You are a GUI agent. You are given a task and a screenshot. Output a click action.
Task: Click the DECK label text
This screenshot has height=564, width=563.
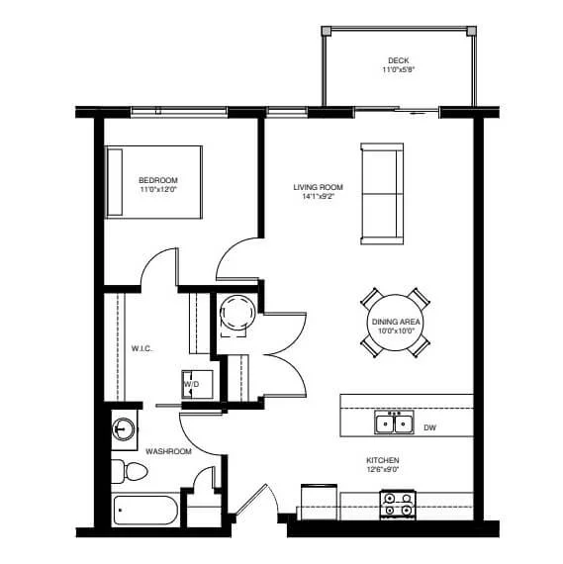pyautogui.click(x=398, y=60)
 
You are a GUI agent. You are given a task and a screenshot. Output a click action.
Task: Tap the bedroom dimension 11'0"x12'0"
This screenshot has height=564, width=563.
pyautogui.click(x=158, y=189)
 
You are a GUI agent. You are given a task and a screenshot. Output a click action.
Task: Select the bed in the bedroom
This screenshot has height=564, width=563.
pyautogui.click(x=153, y=182)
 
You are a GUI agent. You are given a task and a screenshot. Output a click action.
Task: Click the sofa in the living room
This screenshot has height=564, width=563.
pyautogui.click(x=382, y=194)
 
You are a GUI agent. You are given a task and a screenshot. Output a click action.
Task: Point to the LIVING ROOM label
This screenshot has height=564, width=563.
pyautogui.click(x=318, y=187)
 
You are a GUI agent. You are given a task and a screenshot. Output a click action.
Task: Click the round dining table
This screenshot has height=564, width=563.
pyautogui.click(x=396, y=323)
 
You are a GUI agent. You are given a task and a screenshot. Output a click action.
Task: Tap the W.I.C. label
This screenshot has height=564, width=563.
pyautogui.click(x=141, y=348)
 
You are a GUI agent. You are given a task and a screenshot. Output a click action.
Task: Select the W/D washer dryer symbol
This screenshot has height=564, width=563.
pyautogui.click(x=197, y=385)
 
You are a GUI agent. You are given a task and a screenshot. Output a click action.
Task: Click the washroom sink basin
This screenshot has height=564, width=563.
pyautogui.click(x=124, y=429)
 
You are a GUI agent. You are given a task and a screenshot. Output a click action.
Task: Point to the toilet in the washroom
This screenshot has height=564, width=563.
pyautogui.click(x=130, y=471)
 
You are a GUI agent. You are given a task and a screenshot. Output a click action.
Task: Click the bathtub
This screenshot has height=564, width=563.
pyautogui.click(x=145, y=510)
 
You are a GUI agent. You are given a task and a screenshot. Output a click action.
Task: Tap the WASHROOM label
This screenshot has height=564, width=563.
pyautogui.click(x=168, y=451)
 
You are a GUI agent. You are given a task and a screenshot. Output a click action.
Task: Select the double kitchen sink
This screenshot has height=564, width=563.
pyautogui.click(x=394, y=423)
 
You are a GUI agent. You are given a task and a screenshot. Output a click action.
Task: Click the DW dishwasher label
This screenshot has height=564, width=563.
pyautogui.click(x=429, y=427)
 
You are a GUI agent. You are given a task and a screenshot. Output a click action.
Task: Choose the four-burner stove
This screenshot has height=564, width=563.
pyautogui.click(x=398, y=505)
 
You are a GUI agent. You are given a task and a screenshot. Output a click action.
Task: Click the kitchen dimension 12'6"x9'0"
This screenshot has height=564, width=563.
pyautogui.click(x=383, y=469)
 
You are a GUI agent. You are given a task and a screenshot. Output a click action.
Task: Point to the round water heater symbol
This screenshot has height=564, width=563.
pyautogui.click(x=237, y=313)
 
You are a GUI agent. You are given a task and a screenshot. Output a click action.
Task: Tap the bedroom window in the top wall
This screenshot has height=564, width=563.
pyautogui.click(x=179, y=111)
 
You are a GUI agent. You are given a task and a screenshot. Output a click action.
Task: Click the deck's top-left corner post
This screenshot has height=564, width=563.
pyautogui.click(x=327, y=31)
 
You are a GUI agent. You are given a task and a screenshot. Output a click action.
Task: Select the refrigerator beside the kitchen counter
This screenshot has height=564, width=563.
pyautogui.click(x=319, y=502)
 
